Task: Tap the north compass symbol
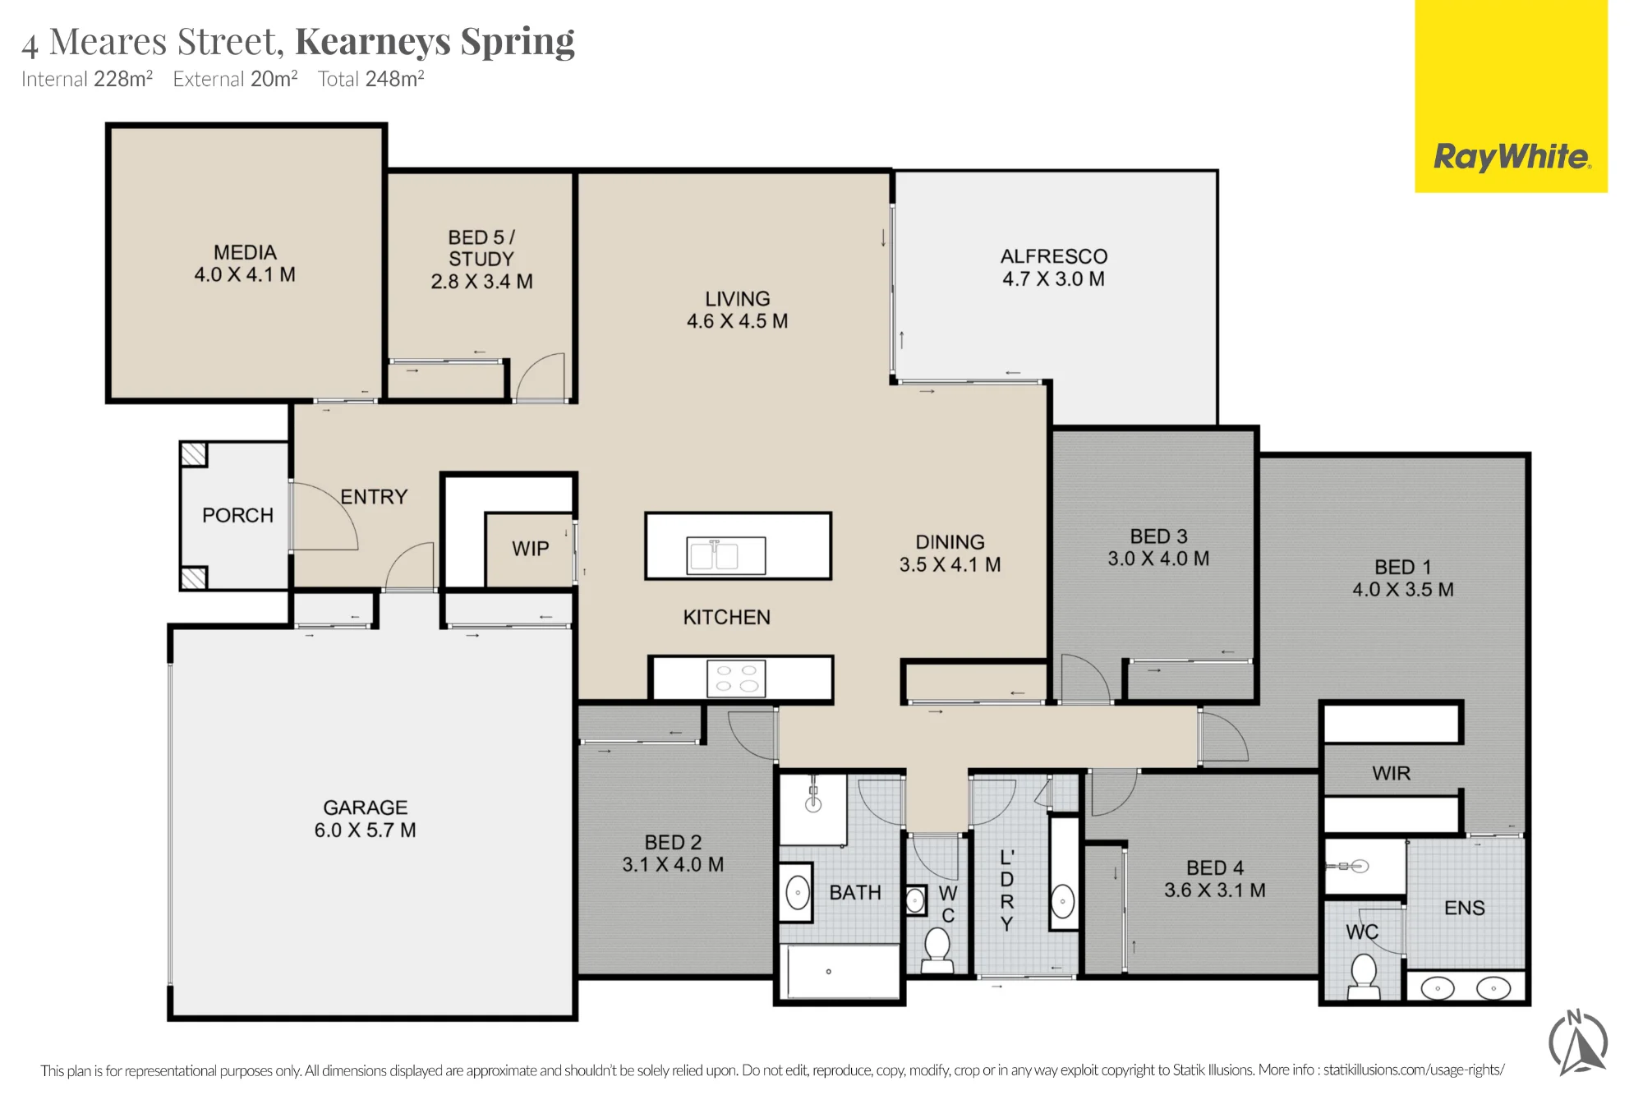[1578, 1043]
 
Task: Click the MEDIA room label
[245, 252]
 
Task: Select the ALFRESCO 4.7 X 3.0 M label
[1054, 268]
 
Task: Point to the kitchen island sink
[726, 555]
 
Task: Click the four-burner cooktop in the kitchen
[737, 679]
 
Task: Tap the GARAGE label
[366, 807]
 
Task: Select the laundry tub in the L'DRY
[1064, 901]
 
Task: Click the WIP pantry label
[531, 549]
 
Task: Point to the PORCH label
[238, 515]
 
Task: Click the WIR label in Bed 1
[1392, 773]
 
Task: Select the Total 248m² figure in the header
[371, 79]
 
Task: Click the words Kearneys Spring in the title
[435, 41]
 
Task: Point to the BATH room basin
[798, 893]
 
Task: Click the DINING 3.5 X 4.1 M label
[950, 553]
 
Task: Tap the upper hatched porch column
[194, 454]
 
